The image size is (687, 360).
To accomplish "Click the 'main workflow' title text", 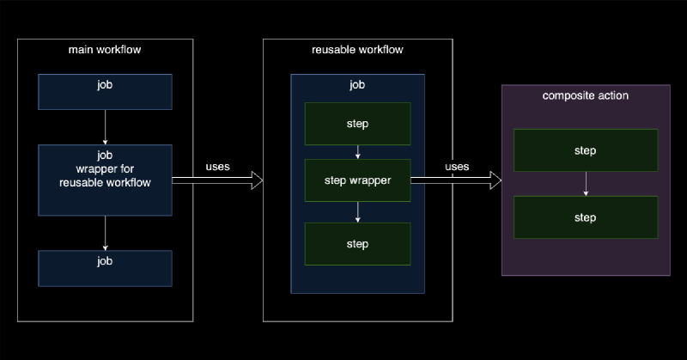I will (x=105, y=50).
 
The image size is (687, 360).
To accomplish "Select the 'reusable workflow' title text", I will (x=356, y=50).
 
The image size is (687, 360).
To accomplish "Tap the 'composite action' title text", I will (x=585, y=95).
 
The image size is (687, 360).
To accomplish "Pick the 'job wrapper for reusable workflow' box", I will (x=105, y=180).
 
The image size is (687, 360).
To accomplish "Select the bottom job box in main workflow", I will (x=105, y=268).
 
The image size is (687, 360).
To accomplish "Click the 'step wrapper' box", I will (x=357, y=180).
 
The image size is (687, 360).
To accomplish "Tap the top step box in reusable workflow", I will (x=357, y=124).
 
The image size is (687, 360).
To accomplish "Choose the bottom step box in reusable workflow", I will (x=357, y=244).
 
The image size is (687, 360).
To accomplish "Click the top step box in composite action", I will (x=585, y=150).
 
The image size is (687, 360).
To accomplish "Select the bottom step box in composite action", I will (x=585, y=217).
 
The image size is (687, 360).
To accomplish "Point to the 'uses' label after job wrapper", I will (x=218, y=166).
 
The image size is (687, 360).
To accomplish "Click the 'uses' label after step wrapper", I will (x=457, y=166).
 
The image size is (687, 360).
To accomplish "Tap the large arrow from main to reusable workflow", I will (x=218, y=180).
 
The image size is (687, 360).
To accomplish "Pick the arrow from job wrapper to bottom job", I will (x=105, y=232).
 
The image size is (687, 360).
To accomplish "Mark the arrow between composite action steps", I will (x=585, y=184).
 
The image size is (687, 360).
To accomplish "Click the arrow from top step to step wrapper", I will (x=357, y=152).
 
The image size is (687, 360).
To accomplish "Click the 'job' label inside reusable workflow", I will (x=357, y=85).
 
